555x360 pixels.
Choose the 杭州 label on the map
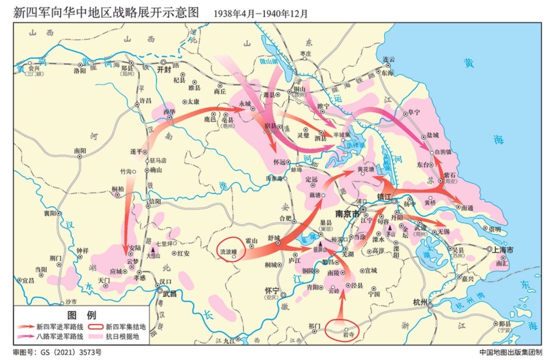pos(420,302)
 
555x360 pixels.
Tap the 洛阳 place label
pos(80,70)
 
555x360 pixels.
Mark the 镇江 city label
pos(384,197)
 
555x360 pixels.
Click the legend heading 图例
pos(82,315)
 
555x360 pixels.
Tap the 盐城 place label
pos(433,135)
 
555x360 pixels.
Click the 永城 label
pos(245,103)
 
